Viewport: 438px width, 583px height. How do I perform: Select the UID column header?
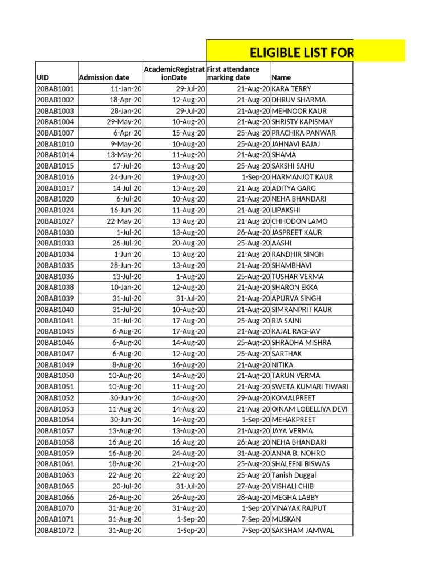43,77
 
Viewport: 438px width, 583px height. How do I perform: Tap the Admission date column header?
104,77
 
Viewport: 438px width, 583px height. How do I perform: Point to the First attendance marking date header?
233,73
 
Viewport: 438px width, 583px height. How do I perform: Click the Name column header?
282,77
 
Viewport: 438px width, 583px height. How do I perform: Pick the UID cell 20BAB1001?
55,89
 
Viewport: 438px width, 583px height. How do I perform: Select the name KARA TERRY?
291,89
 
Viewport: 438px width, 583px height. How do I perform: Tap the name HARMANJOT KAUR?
302,177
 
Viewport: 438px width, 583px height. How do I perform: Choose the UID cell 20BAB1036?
55,277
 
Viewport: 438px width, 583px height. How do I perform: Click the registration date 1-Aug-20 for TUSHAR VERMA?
191,277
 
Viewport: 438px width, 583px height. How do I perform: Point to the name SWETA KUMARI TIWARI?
310,387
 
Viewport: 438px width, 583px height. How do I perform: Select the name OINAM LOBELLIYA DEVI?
309,409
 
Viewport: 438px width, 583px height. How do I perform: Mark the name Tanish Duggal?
294,475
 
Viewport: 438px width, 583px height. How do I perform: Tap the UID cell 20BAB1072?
55,531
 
